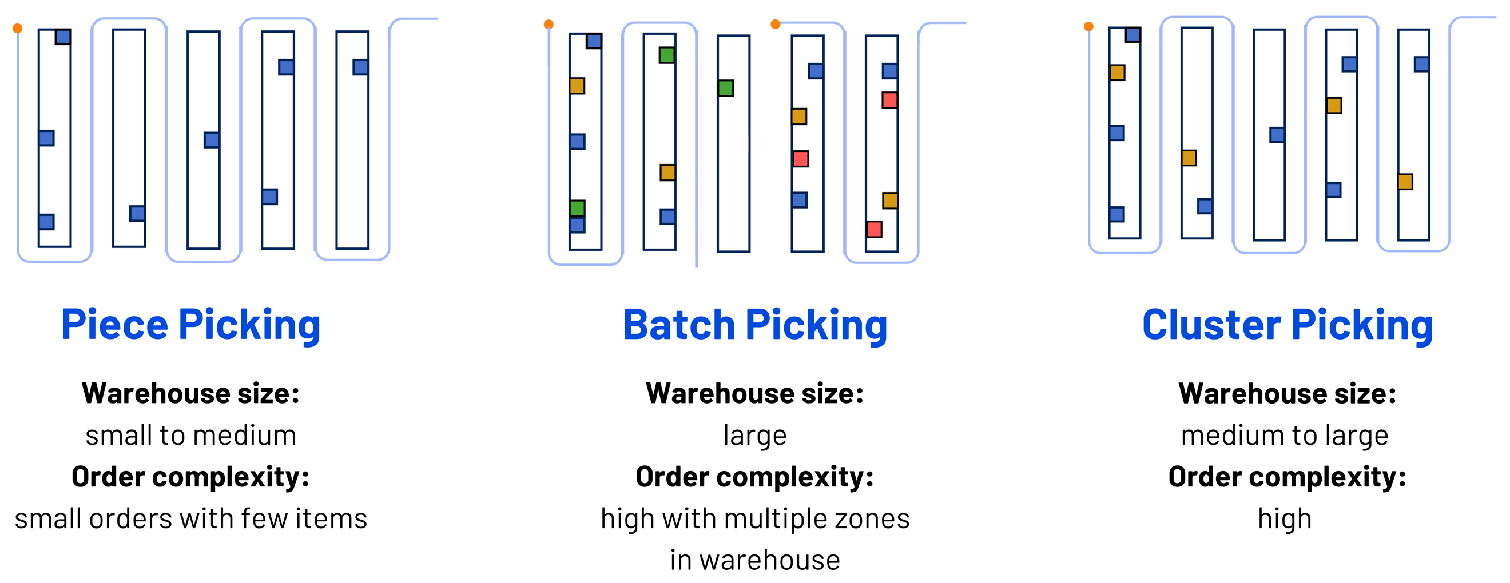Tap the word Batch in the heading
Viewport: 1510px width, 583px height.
pyautogui.click(x=678, y=325)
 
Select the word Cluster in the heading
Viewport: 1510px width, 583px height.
pyautogui.click(x=1211, y=325)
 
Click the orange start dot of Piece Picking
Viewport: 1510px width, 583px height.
pyautogui.click(x=18, y=28)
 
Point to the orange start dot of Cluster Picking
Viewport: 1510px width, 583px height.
pyautogui.click(x=1088, y=26)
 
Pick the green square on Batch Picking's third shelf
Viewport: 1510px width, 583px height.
pyautogui.click(x=726, y=89)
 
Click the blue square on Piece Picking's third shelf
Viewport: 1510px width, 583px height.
pyautogui.click(x=212, y=140)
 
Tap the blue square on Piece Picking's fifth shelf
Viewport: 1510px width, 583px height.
pyautogui.click(x=360, y=67)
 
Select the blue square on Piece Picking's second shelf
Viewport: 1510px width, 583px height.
pyautogui.click(x=137, y=213)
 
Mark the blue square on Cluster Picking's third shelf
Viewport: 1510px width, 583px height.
pyautogui.click(x=1277, y=135)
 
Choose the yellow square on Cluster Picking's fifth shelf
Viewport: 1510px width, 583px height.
pyautogui.click(x=1405, y=182)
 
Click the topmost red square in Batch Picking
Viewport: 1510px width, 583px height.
pyautogui.click(x=890, y=100)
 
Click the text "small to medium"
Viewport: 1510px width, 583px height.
pyautogui.click(x=190, y=436)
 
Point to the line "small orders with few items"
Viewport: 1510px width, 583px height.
pyautogui.click(x=190, y=519)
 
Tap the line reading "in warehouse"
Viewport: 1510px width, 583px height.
pyautogui.click(x=755, y=561)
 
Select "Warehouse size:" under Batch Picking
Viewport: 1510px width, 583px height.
pyautogui.click(x=755, y=394)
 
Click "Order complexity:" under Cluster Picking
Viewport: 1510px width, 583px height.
pyautogui.click(x=1288, y=477)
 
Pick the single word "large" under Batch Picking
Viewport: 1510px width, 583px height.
pyautogui.click(x=755, y=436)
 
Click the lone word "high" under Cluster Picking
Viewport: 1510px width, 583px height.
pyautogui.click(x=1285, y=519)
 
